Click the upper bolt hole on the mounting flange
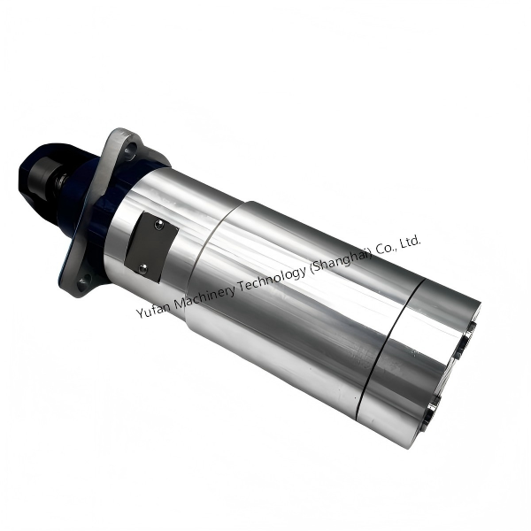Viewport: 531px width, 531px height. (x=128, y=151)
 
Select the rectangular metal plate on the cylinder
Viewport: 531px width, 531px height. (x=150, y=243)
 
